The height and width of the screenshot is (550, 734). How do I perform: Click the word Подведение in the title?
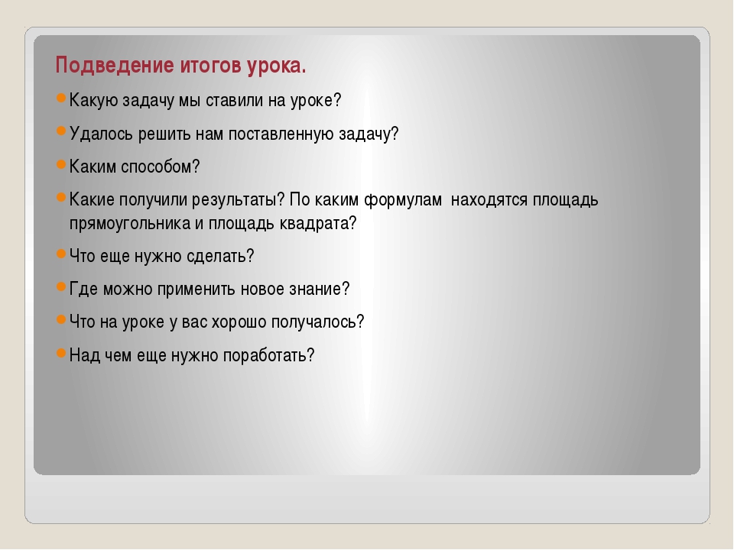pyautogui.click(x=115, y=66)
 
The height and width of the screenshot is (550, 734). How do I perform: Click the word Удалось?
pyautogui.click(x=101, y=134)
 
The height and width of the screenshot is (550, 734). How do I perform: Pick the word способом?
pyautogui.click(x=160, y=167)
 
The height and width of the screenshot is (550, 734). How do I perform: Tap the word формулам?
pyautogui.click(x=403, y=200)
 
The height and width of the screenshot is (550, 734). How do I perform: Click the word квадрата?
pyautogui.click(x=318, y=224)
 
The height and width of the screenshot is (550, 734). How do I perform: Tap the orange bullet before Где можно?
pyautogui.click(x=61, y=286)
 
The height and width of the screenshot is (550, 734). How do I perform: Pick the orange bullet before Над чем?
pyautogui.click(x=61, y=353)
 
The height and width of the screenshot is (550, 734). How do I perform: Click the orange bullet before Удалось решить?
pyautogui.click(x=61, y=131)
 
